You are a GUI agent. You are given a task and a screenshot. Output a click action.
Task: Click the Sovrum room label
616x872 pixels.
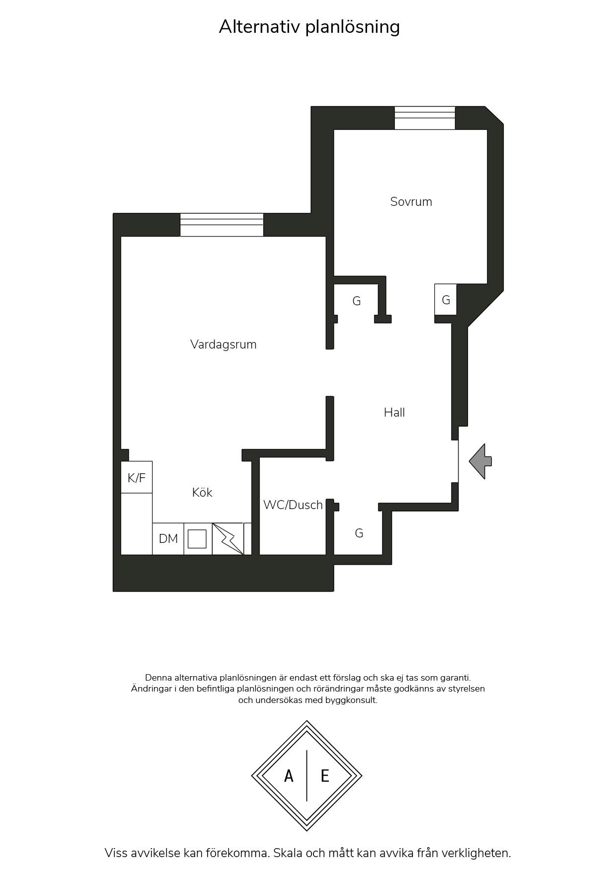coord(411,202)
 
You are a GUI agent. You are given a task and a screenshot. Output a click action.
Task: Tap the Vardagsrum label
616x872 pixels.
coord(223,345)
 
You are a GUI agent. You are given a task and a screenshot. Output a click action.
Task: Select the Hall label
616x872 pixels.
coord(394,412)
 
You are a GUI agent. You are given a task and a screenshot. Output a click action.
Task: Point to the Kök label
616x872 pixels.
coord(202,492)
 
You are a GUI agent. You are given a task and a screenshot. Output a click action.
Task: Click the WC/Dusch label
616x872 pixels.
coord(293,505)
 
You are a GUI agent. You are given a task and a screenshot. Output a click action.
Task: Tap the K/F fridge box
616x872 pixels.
coord(137,477)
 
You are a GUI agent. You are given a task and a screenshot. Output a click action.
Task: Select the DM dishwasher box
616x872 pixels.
coord(168,539)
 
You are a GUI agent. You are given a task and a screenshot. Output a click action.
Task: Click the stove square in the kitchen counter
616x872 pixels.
coord(197,539)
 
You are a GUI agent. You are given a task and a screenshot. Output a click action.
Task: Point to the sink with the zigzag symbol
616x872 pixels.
coord(228,539)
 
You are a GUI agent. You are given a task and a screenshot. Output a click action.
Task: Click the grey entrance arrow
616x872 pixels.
coord(480,461)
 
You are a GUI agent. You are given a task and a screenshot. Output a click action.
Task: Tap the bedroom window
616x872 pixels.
coord(425,118)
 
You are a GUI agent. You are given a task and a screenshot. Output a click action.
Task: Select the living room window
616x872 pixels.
coord(222,225)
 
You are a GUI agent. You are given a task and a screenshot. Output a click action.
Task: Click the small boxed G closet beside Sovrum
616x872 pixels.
coord(446,300)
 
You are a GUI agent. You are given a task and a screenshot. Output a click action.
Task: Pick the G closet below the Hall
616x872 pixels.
coord(359,533)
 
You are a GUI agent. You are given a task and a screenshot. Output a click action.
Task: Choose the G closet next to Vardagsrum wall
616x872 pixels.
coord(356,301)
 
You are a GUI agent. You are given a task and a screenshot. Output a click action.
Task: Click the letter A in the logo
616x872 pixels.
coord(289,776)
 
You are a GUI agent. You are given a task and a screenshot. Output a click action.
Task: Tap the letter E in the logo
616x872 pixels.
coord(325,776)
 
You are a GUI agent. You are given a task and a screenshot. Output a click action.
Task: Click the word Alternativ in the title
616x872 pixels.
coord(259,26)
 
